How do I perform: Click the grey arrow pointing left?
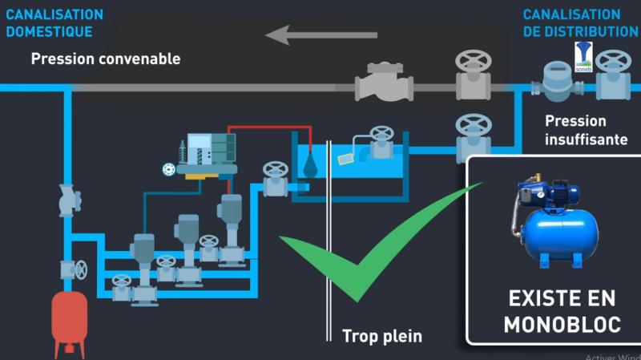(x=320, y=34)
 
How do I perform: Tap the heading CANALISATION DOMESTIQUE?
(x=54, y=23)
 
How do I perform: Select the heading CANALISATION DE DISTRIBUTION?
(x=580, y=23)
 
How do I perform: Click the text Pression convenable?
(x=106, y=59)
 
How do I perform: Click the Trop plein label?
(x=382, y=334)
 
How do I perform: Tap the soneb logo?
(x=583, y=54)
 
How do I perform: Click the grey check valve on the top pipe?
(x=385, y=83)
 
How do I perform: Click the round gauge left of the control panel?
(x=168, y=169)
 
